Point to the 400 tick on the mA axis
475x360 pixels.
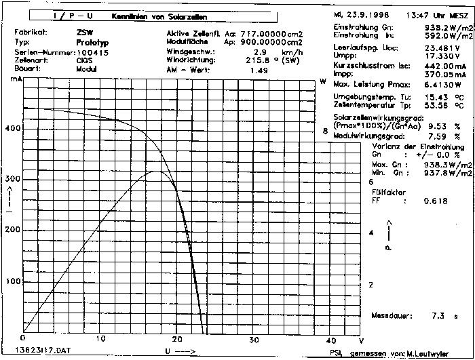click(13, 127)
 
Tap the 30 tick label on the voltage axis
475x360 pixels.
click(254, 340)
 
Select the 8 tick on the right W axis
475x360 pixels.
click(325, 132)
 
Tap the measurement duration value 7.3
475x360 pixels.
click(438, 316)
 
